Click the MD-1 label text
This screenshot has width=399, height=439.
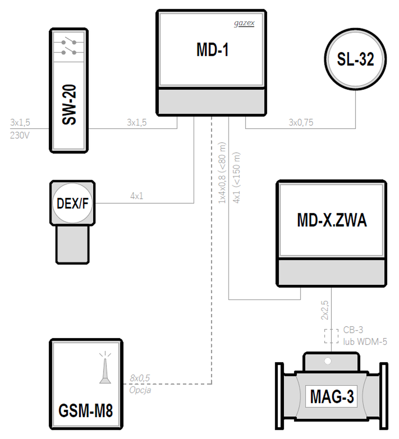coord(212,50)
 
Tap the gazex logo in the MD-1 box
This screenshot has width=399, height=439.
coord(244,23)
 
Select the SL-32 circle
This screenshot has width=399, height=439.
coord(355,59)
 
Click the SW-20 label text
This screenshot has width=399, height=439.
coord(69,104)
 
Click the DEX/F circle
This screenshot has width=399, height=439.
coord(73,203)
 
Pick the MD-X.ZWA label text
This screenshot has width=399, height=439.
coord(332,220)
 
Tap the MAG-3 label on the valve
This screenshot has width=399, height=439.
coord(332,396)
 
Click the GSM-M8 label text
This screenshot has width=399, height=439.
coord(85,410)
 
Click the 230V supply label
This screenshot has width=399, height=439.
coord(20,136)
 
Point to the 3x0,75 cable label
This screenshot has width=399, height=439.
coord(301,122)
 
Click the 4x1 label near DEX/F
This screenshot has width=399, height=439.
coord(137,196)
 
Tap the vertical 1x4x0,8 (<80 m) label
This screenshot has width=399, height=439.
coord(222,173)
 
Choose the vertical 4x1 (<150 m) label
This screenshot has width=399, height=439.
coord(236,177)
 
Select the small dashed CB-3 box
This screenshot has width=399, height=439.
coord(331,336)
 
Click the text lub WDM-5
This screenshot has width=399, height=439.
coord(365,342)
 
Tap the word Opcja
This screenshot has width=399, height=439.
coord(140,390)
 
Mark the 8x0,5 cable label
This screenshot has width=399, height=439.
coord(140,378)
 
